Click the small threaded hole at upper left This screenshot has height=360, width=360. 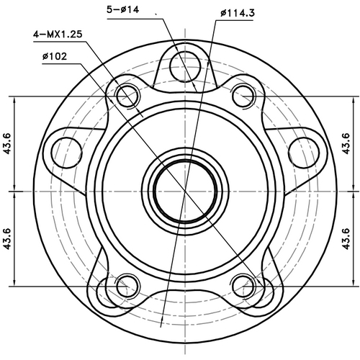coord(128,93)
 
